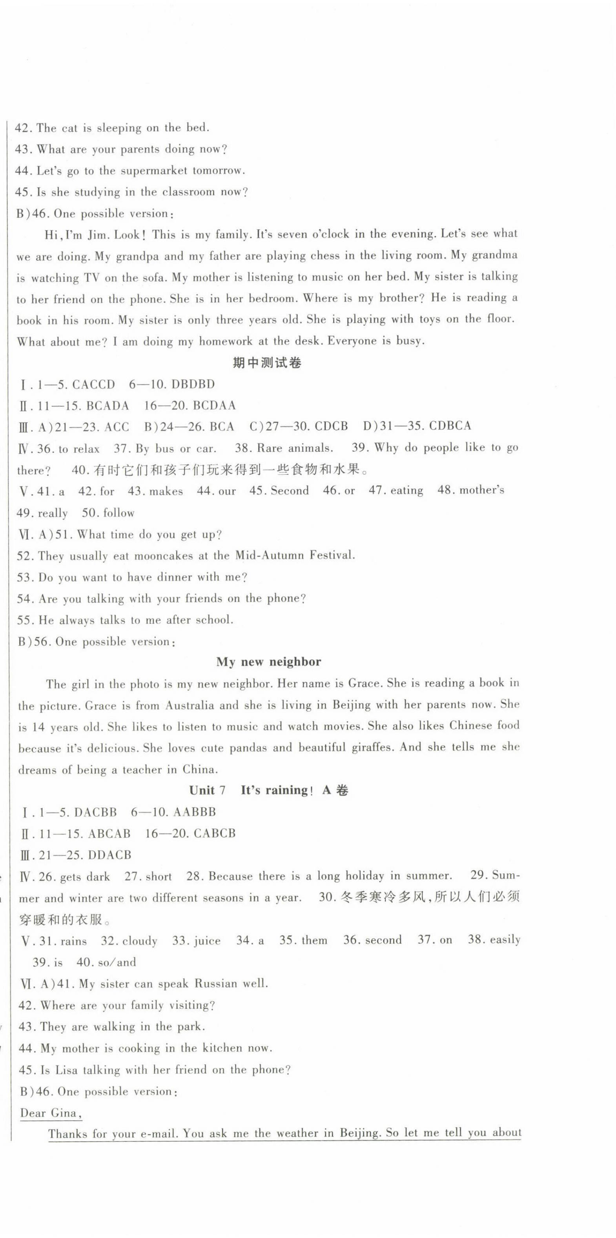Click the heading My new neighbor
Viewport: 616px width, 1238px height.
coord(269,662)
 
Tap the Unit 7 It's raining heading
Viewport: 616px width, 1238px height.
coord(269,791)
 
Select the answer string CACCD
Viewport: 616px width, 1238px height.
coord(94,385)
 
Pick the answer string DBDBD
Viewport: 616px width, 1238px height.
coord(193,385)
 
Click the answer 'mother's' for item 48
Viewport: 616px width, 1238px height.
coord(481,490)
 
